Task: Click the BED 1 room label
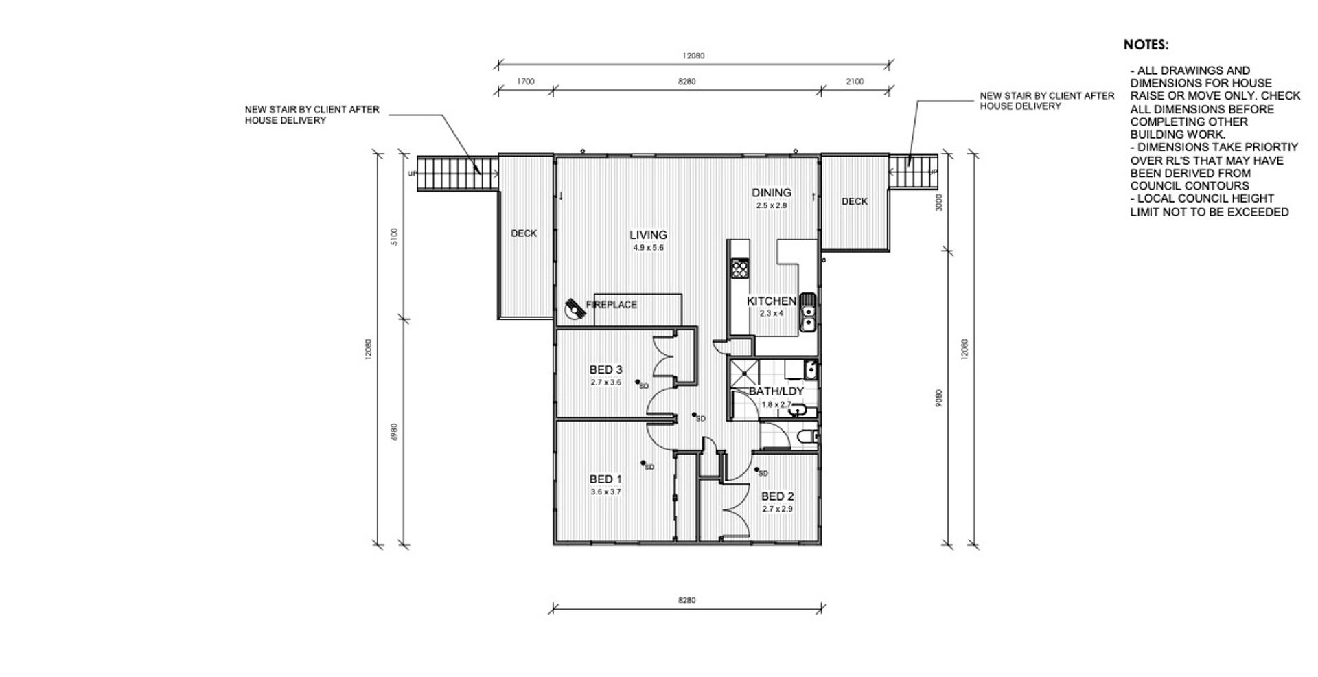605,479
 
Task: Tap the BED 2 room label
777,496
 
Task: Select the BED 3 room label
605,370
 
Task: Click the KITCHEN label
772,301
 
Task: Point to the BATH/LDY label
776,391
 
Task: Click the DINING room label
772,193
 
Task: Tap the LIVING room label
648,235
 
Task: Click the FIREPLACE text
612,305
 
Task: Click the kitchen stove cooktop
740,267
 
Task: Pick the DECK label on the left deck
524,233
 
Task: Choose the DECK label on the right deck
855,201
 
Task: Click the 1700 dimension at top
525,82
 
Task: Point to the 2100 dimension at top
855,82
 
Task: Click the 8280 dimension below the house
686,600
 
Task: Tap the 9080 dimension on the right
939,398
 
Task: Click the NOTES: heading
1146,45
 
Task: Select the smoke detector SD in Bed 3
640,384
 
